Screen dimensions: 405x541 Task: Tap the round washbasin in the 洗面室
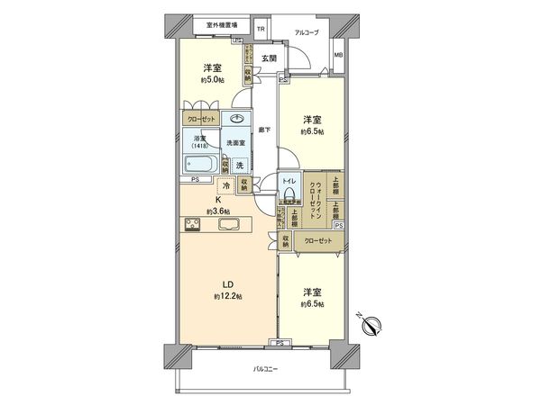pyautogui.click(x=238, y=120)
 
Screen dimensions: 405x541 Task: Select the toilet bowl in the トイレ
pyautogui.click(x=288, y=192)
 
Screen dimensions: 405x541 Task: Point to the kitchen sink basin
pyautogui.click(x=226, y=225)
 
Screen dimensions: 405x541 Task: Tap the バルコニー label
pyautogui.click(x=263, y=370)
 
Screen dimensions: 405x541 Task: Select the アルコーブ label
pyautogui.click(x=307, y=32)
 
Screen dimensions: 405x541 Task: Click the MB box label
pyautogui.click(x=338, y=56)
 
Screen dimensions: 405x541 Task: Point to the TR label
pyautogui.click(x=261, y=30)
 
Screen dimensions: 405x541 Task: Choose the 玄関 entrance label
pyautogui.click(x=269, y=58)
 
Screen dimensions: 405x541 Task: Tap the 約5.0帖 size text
pyautogui.click(x=213, y=80)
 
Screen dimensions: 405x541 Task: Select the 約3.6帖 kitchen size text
pyautogui.click(x=215, y=211)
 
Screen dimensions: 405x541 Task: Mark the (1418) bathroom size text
pyautogui.click(x=201, y=145)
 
